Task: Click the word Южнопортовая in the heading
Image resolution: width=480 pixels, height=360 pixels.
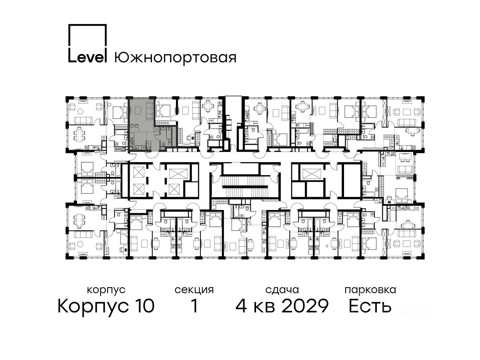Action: (x=175, y=58)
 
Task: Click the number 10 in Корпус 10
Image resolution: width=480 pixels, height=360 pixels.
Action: (x=144, y=306)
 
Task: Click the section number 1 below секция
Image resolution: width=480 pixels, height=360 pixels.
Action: (x=194, y=306)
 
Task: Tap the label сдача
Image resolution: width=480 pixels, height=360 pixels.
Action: (x=282, y=290)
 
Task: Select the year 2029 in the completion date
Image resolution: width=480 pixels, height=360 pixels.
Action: (x=305, y=306)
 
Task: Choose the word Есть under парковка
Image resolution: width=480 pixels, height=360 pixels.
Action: (x=370, y=306)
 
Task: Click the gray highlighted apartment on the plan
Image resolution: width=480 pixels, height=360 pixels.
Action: (x=142, y=131)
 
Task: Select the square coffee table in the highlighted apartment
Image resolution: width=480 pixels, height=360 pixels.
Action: (x=138, y=110)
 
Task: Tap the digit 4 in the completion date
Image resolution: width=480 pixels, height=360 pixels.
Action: (x=241, y=306)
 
